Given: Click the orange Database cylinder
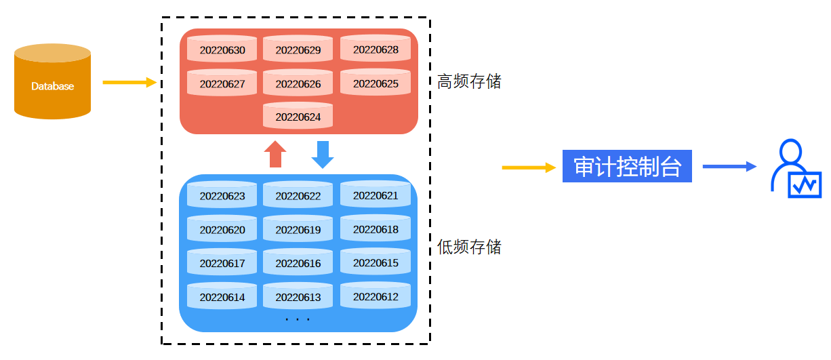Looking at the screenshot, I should pyautogui.click(x=52, y=82).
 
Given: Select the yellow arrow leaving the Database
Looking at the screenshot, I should pyautogui.click(x=129, y=83).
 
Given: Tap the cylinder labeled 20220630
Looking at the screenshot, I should pyautogui.click(x=222, y=49).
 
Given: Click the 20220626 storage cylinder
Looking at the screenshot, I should pyautogui.click(x=298, y=83).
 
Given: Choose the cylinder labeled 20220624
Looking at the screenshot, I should pyautogui.click(x=298, y=116).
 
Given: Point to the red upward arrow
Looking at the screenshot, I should pyautogui.click(x=275, y=154).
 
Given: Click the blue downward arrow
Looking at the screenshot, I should pyautogui.click(x=323, y=154).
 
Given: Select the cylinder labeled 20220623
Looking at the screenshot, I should pyautogui.click(x=222, y=195).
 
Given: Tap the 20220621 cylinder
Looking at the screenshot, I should pyautogui.click(x=376, y=195).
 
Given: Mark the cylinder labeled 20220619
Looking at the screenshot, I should pyautogui.click(x=298, y=229).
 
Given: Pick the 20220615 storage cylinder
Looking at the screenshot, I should pyautogui.click(x=376, y=262).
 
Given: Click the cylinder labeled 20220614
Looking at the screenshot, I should pyautogui.click(x=222, y=296).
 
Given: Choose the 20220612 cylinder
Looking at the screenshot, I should pyautogui.click(x=376, y=296).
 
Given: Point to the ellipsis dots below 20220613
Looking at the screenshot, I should pyautogui.click(x=298, y=319).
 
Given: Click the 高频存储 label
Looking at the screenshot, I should pyautogui.click(x=469, y=82).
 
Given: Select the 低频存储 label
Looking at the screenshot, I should pyautogui.click(x=469, y=247).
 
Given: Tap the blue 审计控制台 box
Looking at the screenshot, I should pyautogui.click(x=627, y=166).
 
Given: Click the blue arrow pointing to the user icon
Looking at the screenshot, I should pyautogui.click(x=729, y=166).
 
